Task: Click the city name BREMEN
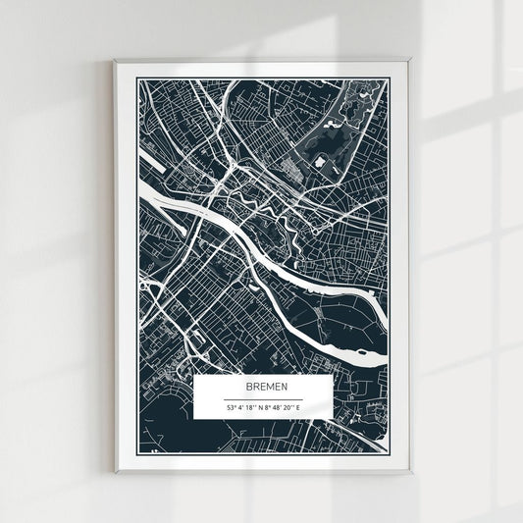coord(260,389)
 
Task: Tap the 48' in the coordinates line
coord(278,407)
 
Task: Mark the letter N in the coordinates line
coord(260,407)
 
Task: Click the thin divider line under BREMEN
coord(260,397)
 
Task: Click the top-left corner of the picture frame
coord(115,62)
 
